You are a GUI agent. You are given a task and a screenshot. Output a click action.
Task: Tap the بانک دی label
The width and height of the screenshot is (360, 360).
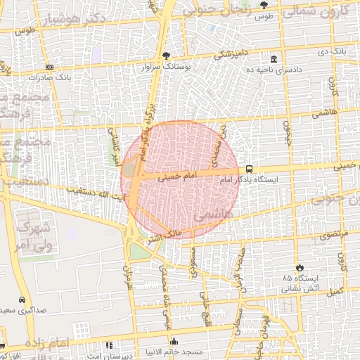(x=332, y=51)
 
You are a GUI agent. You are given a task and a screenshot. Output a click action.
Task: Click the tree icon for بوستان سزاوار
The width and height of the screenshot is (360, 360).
(x=166, y=55)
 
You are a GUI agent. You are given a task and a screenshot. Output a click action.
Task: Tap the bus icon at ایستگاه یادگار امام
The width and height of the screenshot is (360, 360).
(x=249, y=169)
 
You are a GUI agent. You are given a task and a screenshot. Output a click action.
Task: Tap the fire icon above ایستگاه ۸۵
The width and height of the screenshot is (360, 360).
(x=300, y=267)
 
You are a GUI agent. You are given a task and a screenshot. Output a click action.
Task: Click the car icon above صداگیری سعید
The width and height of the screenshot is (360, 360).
(x=23, y=299)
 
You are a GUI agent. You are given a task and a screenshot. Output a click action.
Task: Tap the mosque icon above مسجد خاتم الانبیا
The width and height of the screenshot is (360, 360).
(x=174, y=342)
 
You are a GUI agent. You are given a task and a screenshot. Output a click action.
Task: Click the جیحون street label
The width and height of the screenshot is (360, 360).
(x=287, y=130)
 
